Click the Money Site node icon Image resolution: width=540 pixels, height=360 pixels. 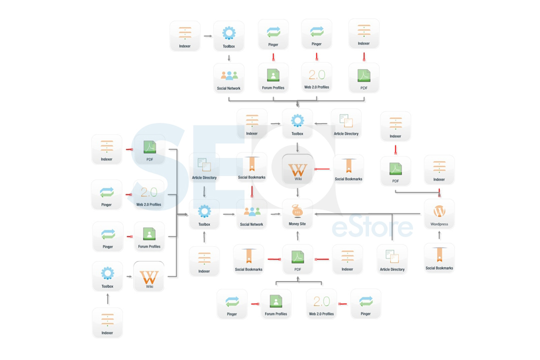(x=297, y=211)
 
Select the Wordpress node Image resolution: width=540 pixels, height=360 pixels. (x=439, y=214)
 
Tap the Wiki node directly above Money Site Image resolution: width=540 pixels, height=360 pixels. (x=297, y=169)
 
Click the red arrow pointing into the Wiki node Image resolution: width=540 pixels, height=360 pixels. (x=322, y=169)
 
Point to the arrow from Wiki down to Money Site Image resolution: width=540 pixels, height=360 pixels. (x=297, y=192)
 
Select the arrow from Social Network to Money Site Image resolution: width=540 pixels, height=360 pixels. (x=275, y=214)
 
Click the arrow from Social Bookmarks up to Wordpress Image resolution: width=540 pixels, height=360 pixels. (x=439, y=235)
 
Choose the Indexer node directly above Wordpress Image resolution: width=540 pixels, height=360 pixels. (x=439, y=170)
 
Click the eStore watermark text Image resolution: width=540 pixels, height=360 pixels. (x=372, y=227)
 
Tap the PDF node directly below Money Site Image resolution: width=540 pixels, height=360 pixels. (x=297, y=259)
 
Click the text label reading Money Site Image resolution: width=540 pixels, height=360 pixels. (x=297, y=224)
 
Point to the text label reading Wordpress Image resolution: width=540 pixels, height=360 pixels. (x=439, y=224)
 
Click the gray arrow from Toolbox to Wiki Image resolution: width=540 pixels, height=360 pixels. (x=129, y=276)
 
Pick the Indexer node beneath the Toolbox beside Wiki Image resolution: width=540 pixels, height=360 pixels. (x=107, y=323)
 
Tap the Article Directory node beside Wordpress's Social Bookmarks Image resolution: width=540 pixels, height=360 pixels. (x=392, y=259)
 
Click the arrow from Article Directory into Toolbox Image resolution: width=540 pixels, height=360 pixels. (x=320, y=123)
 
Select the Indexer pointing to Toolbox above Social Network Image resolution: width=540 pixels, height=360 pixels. (x=185, y=36)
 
